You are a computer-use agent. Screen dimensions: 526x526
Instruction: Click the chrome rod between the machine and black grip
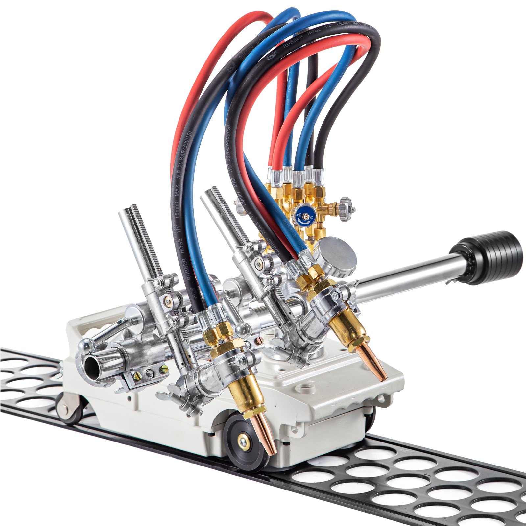pyautogui.click(x=404, y=283)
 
